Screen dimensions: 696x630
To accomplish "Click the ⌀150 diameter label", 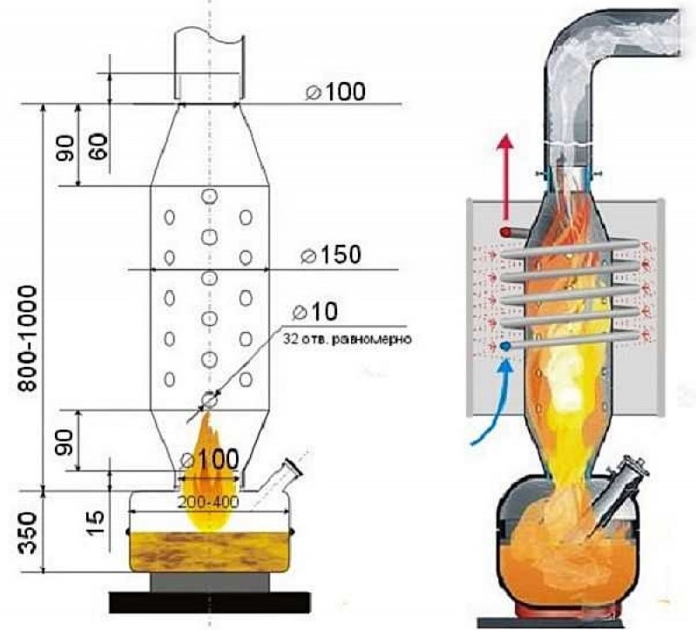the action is [331, 254].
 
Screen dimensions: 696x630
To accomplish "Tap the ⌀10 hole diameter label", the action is [315, 311].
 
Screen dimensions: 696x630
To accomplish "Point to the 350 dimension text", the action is [28, 532].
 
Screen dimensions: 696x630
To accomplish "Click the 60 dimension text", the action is [98, 147].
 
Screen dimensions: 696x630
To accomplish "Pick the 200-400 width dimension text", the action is [208, 502].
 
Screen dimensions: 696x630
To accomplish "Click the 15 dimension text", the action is [98, 522].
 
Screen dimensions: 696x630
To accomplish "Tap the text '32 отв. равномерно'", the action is [347, 340].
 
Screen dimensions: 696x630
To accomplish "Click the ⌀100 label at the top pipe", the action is [335, 91].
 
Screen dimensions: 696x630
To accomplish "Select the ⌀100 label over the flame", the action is [210, 459].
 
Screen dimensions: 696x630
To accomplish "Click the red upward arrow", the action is [504, 178].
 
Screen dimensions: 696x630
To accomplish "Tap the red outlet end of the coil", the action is [505, 232].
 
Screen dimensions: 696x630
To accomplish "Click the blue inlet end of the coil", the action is [505, 346].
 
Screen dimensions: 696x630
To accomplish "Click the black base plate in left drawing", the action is [210, 602].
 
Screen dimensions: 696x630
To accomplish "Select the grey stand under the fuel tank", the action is [210, 582].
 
